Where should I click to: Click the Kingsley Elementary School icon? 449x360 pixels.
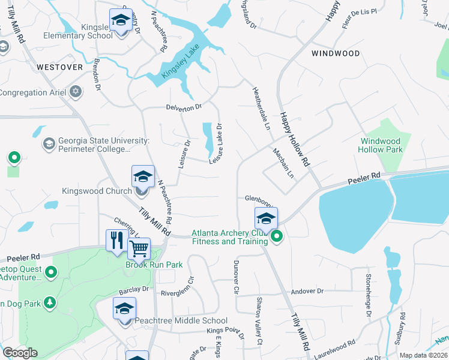coord(121,20)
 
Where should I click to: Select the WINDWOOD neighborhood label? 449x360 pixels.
coord(336,53)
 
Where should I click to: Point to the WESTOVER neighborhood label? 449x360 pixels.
coord(59,67)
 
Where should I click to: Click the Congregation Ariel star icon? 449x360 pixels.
coord(75,92)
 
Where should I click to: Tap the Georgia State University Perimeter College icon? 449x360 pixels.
coord(48,144)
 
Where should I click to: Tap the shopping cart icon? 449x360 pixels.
coord(139,248)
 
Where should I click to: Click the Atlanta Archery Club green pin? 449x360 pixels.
coord(276,237)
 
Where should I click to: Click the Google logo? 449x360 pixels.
coord(19,353)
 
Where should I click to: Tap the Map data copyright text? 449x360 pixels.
coord(423,355)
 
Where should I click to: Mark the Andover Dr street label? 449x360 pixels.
coord(307,291)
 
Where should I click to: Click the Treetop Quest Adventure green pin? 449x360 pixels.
coord(51,273)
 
